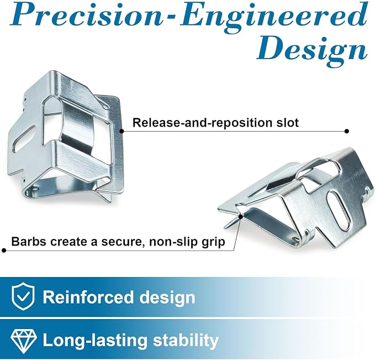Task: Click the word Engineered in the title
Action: coord(274,17)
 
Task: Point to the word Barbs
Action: coord(29,242)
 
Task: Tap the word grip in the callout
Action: coord(212,242)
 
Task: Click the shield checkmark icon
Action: coord(23,296)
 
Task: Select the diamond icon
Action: coord(24,340)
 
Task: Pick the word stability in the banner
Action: coord(186,340)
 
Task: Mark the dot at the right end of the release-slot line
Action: coord(347,131)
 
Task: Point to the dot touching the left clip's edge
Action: coord(122,131)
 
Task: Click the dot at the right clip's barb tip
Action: coord(241,217)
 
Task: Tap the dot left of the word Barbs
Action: coord(3,251)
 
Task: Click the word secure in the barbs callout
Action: coord(122,242)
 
